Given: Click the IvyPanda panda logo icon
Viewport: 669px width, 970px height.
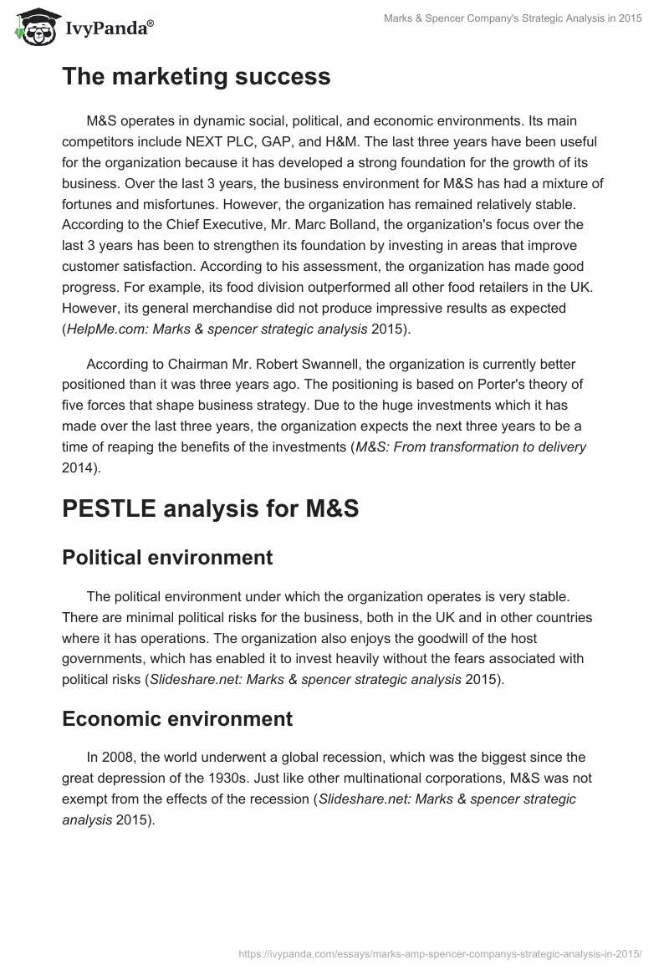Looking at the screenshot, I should click(33, 27).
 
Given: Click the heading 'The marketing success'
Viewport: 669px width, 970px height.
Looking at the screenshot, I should click(196, 77).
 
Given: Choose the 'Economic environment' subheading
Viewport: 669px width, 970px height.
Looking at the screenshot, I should click(177, 718).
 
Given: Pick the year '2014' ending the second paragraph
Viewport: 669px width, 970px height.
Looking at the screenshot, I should click(79, 467).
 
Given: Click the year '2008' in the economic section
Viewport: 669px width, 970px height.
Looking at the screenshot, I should click(117, 758).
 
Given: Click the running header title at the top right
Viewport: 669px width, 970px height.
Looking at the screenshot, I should click(512, 19).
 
